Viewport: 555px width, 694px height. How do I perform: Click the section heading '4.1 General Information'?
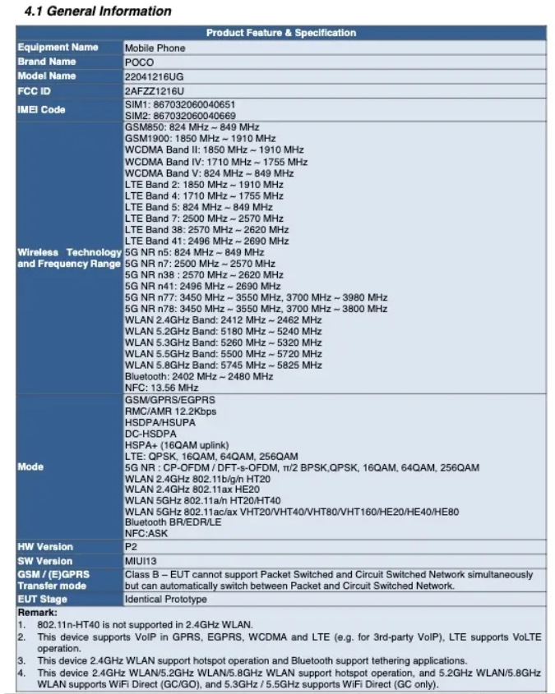tap(97, 11)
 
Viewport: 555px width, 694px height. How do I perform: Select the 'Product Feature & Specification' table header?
tap(280, 33)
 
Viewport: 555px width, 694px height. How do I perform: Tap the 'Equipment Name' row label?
tap(58, 48)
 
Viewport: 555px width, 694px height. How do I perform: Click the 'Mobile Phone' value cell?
tap(155, 48)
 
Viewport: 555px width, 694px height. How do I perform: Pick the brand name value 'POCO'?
tap(139, 62)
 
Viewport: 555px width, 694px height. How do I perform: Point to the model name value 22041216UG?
tap(154, 76)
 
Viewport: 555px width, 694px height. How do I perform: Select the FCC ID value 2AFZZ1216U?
tap(154, 90)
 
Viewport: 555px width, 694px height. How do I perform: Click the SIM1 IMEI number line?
tap(180, 104)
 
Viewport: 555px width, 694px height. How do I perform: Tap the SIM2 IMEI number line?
tap(180, 116)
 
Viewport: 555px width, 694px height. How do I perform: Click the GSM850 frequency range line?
tap(192, 128)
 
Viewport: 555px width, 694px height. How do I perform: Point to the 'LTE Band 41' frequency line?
tap(206, 241)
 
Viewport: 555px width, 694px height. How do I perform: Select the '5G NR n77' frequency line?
tap(256, 297)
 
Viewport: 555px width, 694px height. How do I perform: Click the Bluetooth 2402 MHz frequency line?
tap(199, 376)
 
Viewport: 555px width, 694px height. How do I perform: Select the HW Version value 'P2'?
tap(131, 546)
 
